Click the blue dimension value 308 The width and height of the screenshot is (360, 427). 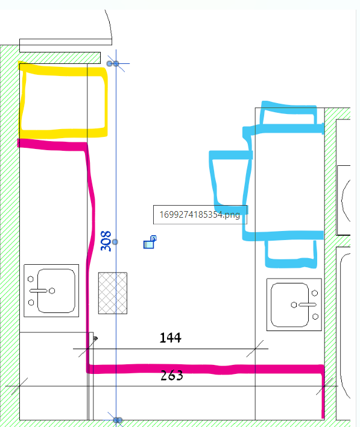coord(106,241)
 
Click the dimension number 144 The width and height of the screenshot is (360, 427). coord(171,338)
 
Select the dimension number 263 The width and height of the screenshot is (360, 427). coord(172,375)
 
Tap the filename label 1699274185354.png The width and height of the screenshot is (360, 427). coord(200,215)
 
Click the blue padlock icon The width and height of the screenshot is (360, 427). coord(150,242)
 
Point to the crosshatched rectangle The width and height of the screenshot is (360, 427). coord(113,293)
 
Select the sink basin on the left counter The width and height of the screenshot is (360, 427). coord(56,291)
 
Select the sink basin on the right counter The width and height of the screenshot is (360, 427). coord(289,305)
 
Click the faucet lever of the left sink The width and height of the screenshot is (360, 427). coord(39,291)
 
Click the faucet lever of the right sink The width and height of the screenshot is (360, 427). coord(308,305)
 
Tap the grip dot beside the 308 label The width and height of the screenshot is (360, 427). coord(115,242)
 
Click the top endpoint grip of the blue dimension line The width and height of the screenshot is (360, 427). coord(116,64)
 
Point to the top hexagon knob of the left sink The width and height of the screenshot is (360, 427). coord(31,279)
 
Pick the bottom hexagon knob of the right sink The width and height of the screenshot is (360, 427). coord(315,317)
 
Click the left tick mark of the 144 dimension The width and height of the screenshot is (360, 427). coord(87,349)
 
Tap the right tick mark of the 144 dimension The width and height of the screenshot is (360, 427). coord(255,349)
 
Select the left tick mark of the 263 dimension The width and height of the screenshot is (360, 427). coord(20,386)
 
